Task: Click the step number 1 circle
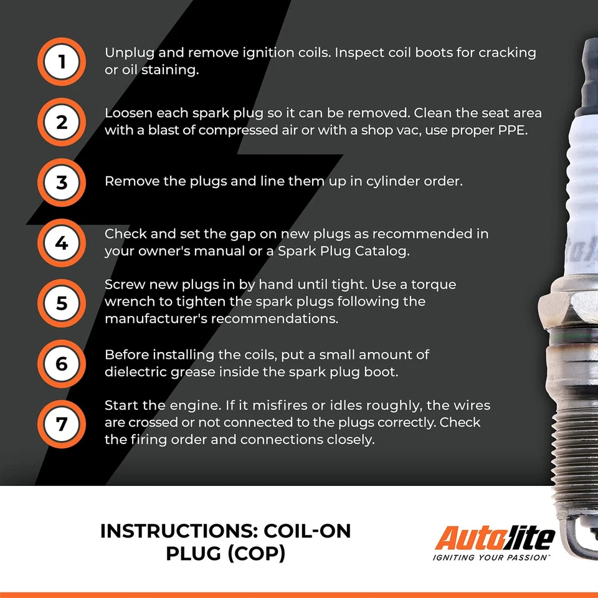[61, 62]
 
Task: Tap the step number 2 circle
[61, 122]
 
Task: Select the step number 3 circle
[61, 183]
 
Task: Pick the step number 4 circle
[61, 243]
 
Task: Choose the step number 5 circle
[61, 303]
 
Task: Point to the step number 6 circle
[61, 363]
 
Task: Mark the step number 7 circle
[61, 424]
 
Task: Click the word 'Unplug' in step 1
[128, 53]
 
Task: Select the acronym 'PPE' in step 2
[513, 130]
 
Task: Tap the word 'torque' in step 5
[430, 285]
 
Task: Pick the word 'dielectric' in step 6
[135, 372]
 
